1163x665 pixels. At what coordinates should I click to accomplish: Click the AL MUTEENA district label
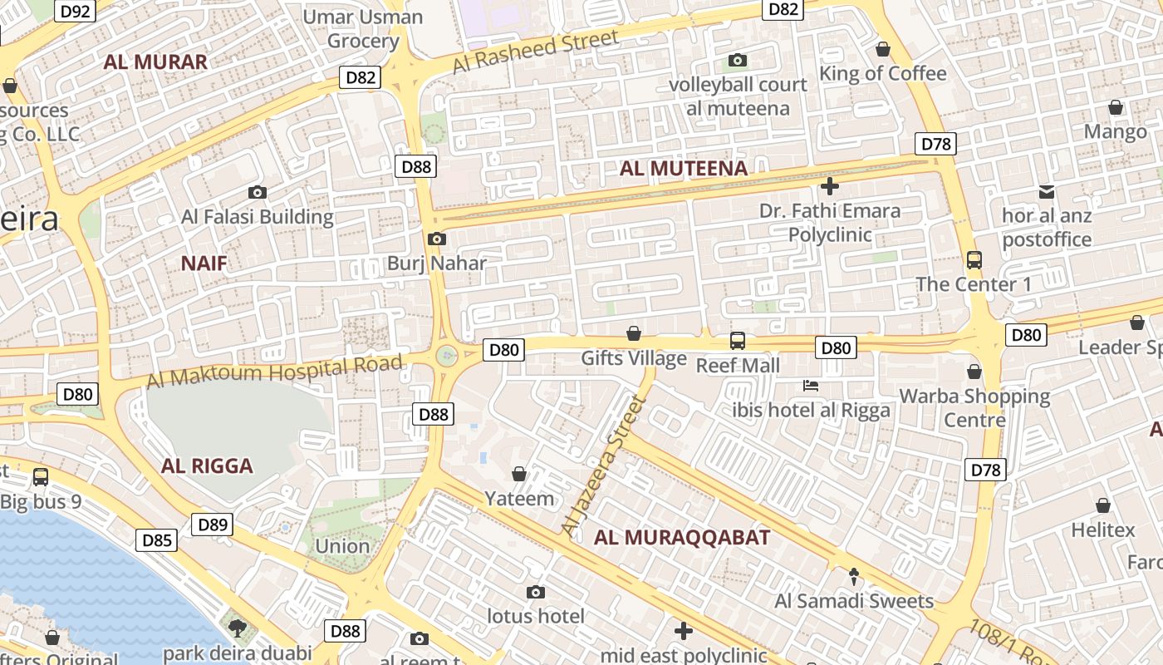tap(684, 169)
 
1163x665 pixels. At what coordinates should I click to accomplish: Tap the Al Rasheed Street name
tap(536, 52)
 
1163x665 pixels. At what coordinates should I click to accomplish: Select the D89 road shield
tap(212, 525)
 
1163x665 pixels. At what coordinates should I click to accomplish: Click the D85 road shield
tap(156, 541)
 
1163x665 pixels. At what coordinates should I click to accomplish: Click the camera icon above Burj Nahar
tap(436, 239)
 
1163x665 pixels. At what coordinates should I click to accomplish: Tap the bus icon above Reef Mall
tap(737, 340)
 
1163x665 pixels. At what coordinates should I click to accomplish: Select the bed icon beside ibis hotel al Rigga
tap(811, 386)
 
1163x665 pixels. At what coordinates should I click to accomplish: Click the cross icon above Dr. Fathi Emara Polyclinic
tap(829, 186)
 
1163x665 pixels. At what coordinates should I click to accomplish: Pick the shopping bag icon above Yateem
tap(519, 474)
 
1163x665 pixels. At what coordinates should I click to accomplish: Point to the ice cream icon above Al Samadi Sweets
tap(853, 575)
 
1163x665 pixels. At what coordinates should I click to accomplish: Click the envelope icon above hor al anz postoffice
tap(1047, 192)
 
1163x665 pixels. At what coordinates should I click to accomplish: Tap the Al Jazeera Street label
tap(604, 465)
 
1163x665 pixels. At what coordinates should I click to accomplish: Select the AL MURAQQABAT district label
tap(682, 538)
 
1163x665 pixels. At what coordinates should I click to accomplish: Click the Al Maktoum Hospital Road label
tap(274, 371)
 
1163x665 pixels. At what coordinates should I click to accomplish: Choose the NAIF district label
tap(204, 264)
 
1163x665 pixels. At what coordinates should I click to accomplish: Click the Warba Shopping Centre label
tap(974, 407)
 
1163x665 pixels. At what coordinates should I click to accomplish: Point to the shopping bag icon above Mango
tap(1115, 107)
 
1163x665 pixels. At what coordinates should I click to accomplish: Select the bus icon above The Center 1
tap(974, 260)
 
